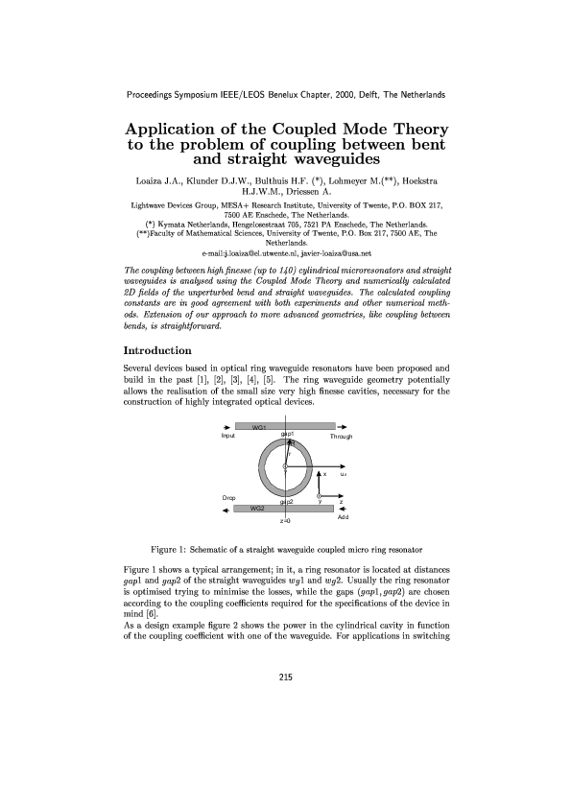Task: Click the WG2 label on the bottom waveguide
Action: [257, 508]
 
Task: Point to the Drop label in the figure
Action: [229, 498]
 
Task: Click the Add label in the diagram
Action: [343, 518]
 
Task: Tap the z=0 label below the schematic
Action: [285, 521]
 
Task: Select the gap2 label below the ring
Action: [286, 501]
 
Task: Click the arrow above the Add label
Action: [343, 509]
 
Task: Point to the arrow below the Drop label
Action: [226, 509]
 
